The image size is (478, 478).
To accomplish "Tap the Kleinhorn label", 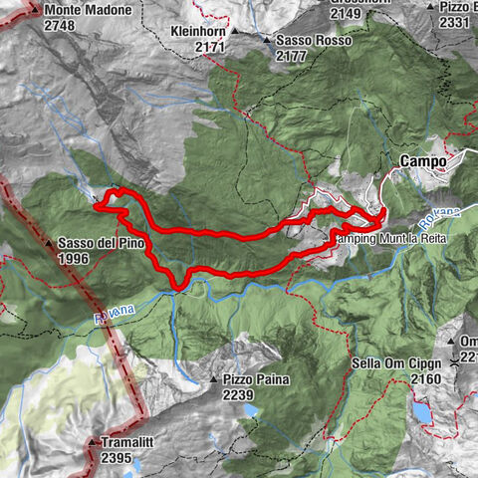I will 199,30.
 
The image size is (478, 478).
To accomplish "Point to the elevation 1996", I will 73,259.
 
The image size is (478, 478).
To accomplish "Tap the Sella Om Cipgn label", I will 394,362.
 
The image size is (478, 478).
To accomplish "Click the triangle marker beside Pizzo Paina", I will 212,380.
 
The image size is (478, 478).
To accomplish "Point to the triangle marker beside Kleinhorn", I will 235,31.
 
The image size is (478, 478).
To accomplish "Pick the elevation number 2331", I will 454,22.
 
